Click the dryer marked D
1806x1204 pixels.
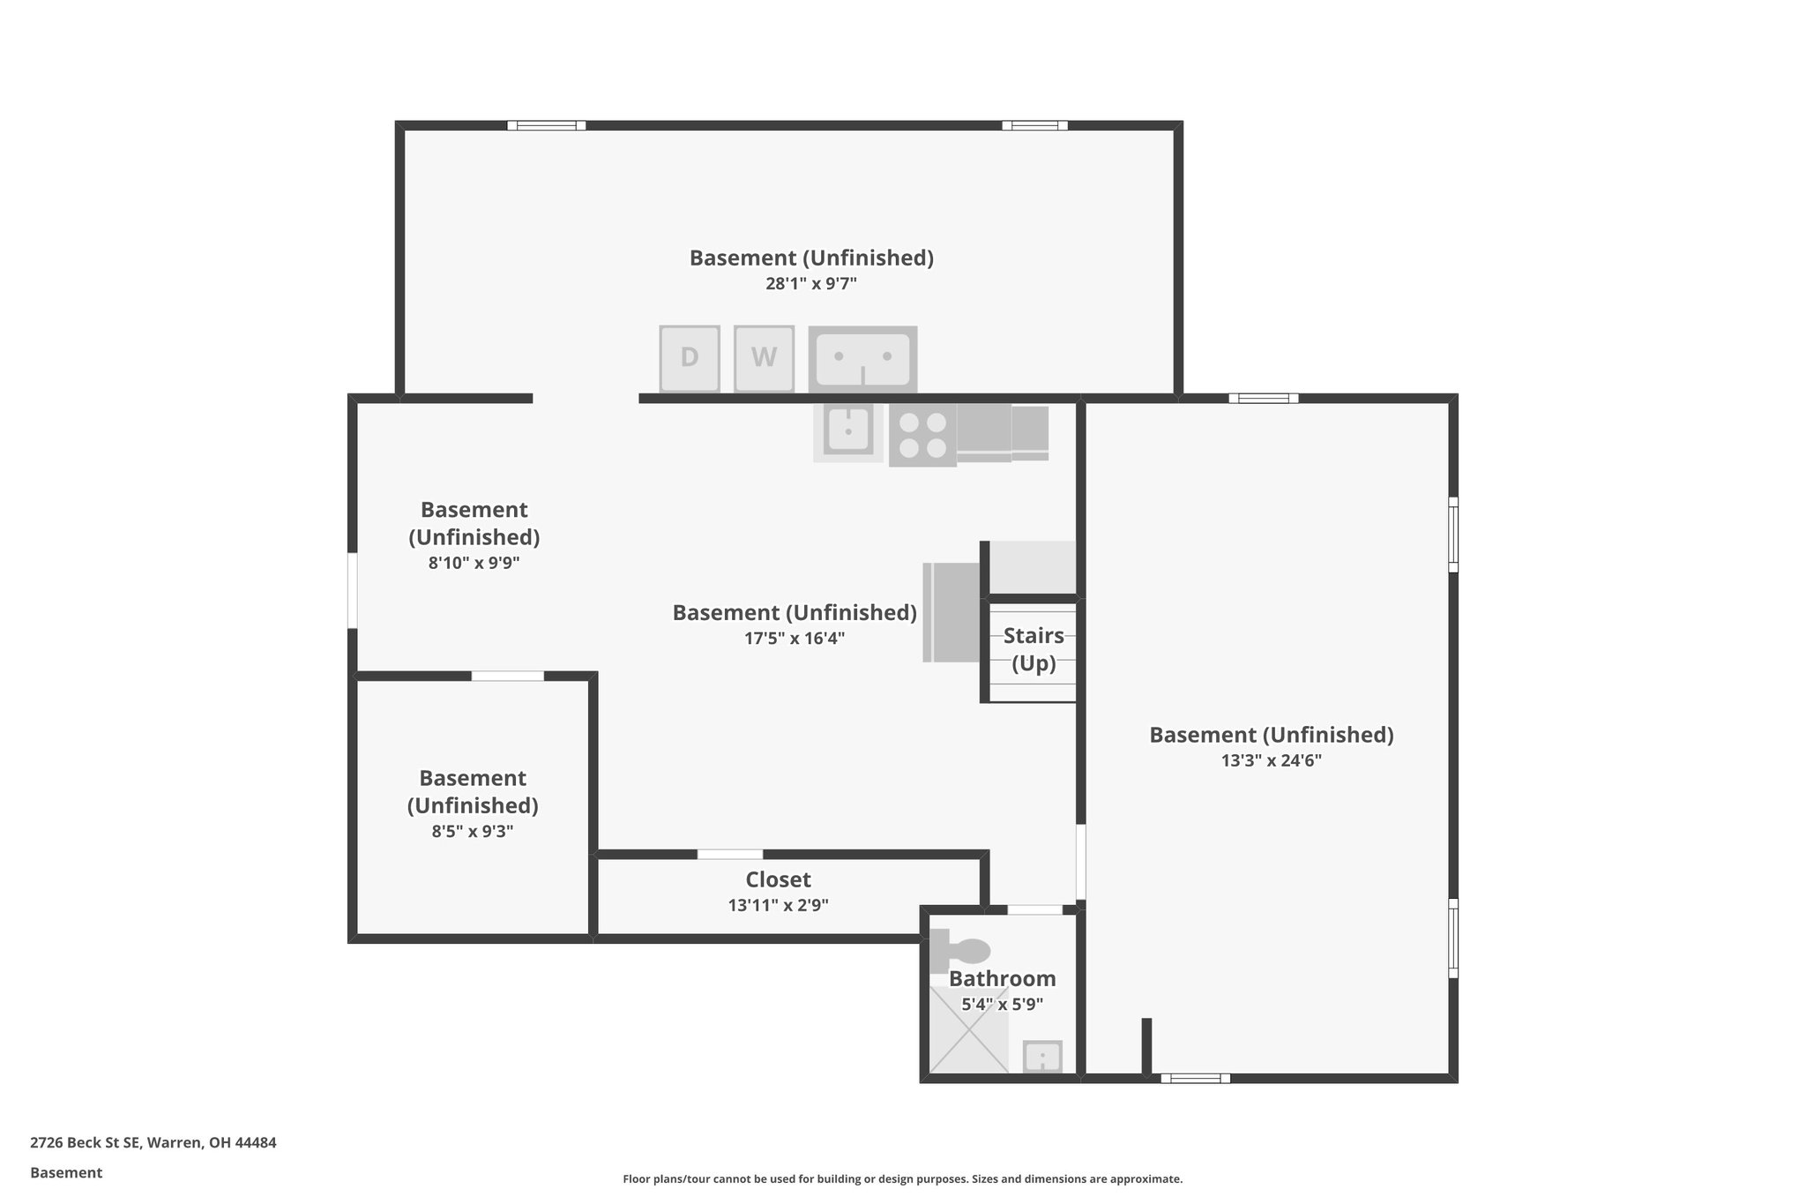(x=690, y=358)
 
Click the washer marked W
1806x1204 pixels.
(x=764, y=358)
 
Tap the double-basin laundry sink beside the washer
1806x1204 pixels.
(x=862, y=358)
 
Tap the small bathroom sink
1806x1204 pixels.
(x=1042, y=1057)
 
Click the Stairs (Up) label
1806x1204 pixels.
(x=1034, y=649)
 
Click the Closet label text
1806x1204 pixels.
(x=778, y=879)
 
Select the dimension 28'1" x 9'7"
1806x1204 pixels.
(x=811, y=284)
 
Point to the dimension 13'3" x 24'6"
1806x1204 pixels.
(x=1271, y=760)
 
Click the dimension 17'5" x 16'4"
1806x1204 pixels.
(x=795, y=639)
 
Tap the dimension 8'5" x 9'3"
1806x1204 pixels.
(x=473, y=831)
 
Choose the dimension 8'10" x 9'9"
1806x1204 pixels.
(x=474, y=563)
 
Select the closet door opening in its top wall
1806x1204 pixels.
(x=730, y=854)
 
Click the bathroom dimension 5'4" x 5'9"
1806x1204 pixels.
(x=1002, y=1004)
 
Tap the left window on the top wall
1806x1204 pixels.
(x=547, y=125)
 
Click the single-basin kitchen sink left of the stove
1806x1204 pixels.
(x=848, y=430)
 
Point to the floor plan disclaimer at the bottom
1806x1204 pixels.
(x=902, y=1179)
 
